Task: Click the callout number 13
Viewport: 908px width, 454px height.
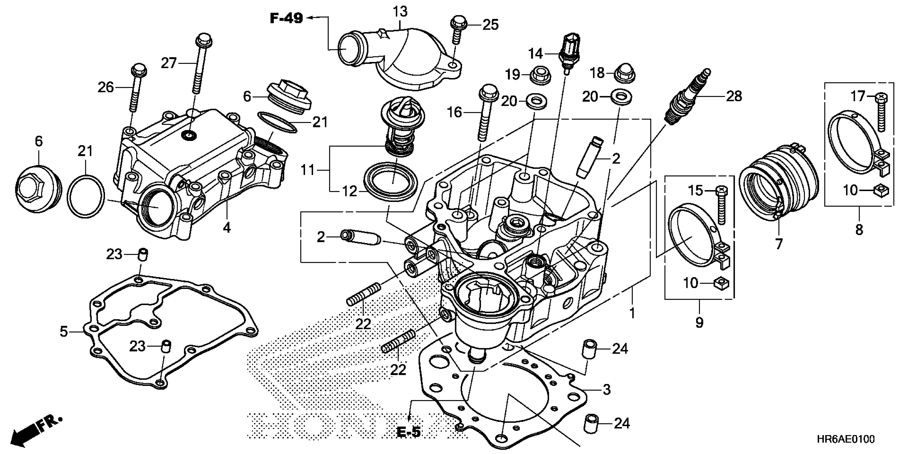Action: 400,12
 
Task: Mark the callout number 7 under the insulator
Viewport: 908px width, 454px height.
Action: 779,244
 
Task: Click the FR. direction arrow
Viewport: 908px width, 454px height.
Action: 35,429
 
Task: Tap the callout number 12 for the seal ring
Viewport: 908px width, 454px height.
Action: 350,192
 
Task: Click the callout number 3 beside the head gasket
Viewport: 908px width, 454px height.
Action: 606,389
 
